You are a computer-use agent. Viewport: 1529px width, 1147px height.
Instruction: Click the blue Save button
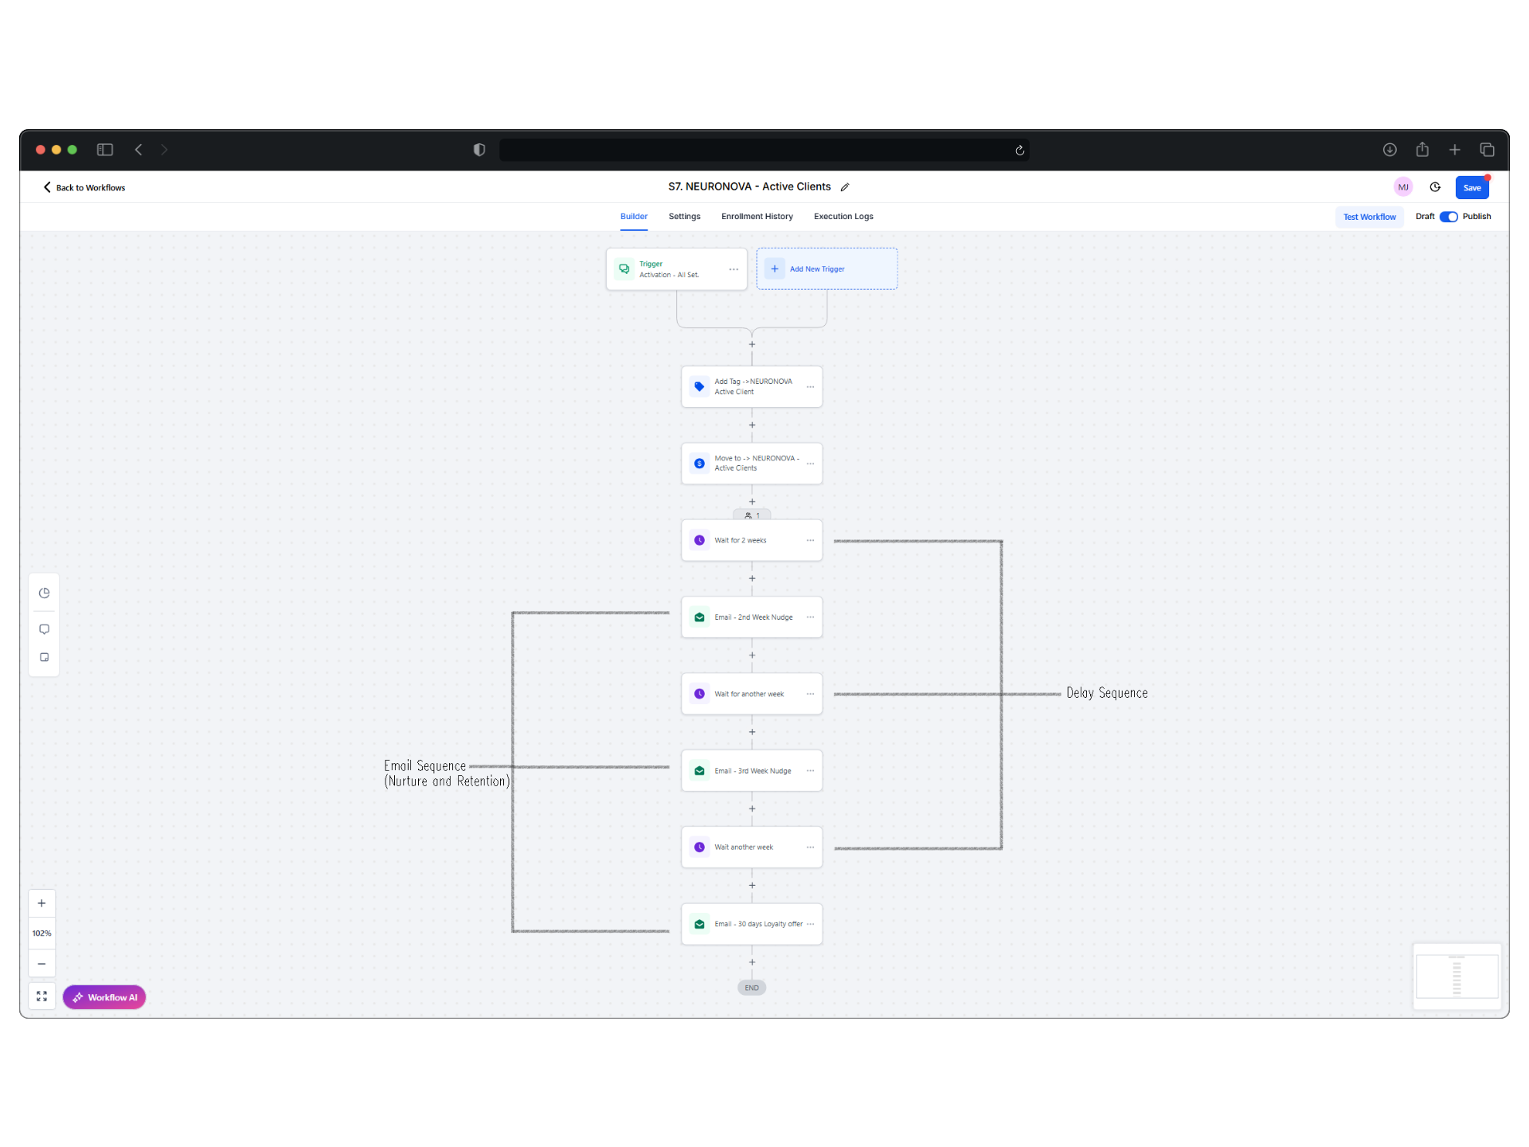coord(1472,188)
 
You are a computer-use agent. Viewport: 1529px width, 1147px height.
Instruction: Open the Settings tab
coord(684,217)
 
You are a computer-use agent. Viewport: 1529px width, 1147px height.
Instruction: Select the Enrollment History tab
coord(757,217)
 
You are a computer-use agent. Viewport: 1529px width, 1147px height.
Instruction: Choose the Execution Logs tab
coord(843,217)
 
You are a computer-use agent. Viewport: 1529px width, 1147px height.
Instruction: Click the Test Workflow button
coord(1369,217)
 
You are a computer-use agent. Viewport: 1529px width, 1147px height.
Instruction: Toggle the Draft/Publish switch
coord(1449,217)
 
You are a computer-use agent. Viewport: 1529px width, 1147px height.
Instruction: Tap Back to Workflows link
coord(84,188)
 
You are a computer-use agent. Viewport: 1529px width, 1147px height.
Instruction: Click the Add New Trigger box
coord(827,269)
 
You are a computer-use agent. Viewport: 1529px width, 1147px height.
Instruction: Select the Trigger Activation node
coord(676,269)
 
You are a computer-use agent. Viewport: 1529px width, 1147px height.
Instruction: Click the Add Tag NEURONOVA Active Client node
coord(752,386)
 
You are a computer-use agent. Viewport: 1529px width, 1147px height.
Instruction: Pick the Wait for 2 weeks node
coord(752,540)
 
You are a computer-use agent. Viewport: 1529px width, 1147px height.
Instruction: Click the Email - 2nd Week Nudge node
coord(752,617)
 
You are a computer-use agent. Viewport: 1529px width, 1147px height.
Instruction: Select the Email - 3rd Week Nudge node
coord(752,771)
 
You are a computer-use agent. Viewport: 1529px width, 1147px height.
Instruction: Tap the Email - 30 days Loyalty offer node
coord(752,924)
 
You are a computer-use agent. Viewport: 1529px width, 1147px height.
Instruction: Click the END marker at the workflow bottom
coord(752,988)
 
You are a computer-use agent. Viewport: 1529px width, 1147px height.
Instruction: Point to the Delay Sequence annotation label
coord(1107,693)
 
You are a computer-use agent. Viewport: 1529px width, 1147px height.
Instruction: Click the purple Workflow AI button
coord(104,997)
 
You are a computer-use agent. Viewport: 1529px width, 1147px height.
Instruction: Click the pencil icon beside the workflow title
coord(845,187)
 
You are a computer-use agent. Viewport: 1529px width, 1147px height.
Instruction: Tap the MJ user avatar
coord(1403,187)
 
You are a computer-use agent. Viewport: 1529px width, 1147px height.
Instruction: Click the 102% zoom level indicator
coord(42,934)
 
